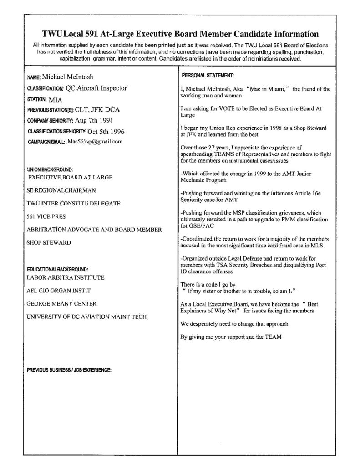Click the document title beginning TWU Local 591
point(180,34)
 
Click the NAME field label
point(34,77)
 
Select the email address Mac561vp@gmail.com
point(95,142)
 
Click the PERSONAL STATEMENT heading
point(208,75)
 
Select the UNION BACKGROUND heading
point(50,169)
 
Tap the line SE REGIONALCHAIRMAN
point(61,190)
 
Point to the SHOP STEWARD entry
point(49,242)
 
